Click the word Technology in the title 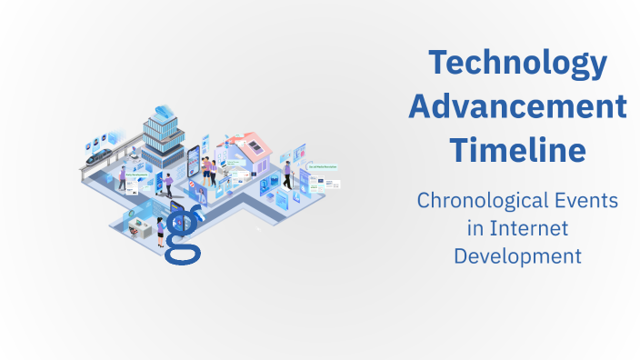coord(517,64)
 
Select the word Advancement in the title coord(517,106)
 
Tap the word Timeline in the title coord(517,149)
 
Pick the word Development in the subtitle coord(517,256)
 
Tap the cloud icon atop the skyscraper coord(165,112)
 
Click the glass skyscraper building coord(164,141)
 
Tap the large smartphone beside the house coord(194,164)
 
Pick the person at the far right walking coord(288,175)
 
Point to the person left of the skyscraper coord(122,177)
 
